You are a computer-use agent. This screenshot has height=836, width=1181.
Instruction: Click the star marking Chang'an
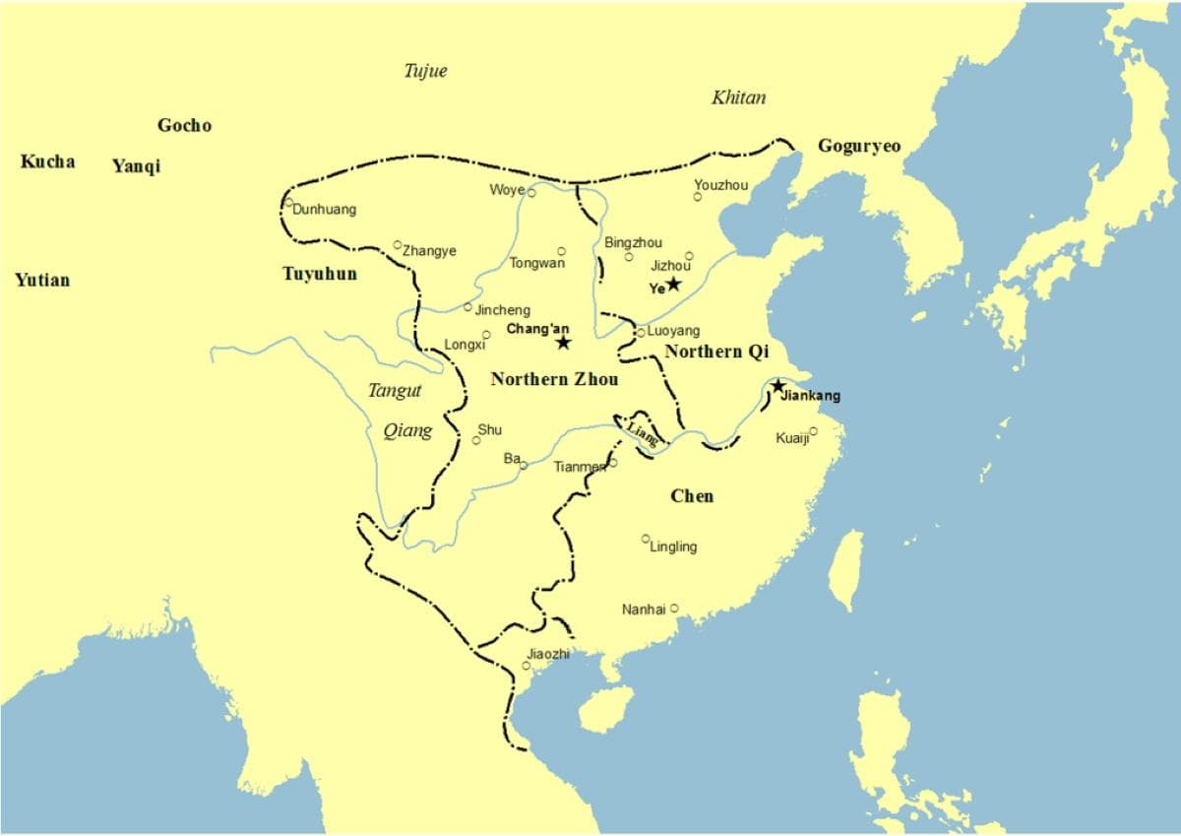click(563, 343)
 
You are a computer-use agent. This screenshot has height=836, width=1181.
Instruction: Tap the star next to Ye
click(674, 285)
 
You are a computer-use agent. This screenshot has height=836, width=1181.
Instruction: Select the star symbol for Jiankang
click(778, 386)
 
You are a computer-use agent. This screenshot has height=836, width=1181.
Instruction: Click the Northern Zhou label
click(555, 379)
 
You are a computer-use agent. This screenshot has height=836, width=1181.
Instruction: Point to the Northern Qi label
click(716, 352)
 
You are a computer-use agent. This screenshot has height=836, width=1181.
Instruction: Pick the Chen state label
click(692, 495)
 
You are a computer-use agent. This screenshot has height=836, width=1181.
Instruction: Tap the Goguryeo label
click(858, 146)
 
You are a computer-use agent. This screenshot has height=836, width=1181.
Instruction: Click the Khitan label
click(738, 96)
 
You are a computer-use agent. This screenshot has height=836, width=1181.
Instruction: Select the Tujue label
click(425, 70)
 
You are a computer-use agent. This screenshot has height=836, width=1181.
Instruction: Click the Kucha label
click(47, 161)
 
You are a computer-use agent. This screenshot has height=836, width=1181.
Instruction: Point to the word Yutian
click(42, 280)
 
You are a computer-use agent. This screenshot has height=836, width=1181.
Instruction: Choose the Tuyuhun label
click(320, 273)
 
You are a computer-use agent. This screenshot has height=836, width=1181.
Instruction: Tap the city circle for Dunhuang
click(289, 203)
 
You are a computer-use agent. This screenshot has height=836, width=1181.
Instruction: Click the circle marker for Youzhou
click(698, 197)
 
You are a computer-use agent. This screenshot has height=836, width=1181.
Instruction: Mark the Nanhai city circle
click(674, 609)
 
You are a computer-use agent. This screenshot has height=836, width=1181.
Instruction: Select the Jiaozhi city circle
click(527, 666)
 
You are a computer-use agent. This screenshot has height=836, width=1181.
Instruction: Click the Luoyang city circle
click(641, 333)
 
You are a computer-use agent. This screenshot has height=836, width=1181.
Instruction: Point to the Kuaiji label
click(791, 438)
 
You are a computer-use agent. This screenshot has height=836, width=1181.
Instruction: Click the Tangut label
click(395, 391)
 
